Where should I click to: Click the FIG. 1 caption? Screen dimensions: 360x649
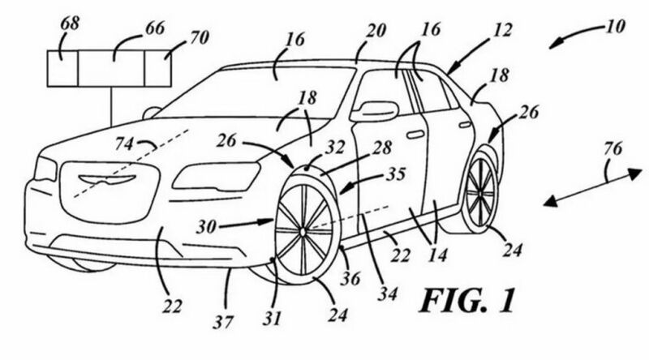click(x=466, y=302)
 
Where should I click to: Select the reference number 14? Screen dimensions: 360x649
click(x=437, y=255)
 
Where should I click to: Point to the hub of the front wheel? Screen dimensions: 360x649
click(x=302, y=232)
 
